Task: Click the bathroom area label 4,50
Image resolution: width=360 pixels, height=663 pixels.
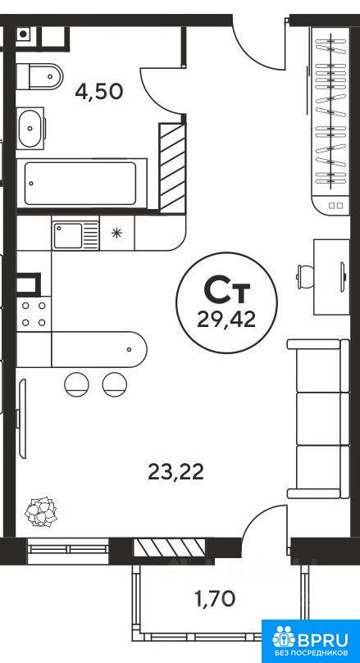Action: (98, 91)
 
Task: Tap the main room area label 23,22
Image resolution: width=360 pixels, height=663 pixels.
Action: (175, 471)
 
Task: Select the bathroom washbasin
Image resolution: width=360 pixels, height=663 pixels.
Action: (30, 128)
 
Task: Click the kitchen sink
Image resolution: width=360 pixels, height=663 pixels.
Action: (75, 235)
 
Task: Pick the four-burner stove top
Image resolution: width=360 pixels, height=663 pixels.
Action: (34, 313)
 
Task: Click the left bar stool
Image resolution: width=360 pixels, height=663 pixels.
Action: (76, 384)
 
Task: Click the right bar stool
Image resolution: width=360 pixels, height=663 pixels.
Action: (115, 384)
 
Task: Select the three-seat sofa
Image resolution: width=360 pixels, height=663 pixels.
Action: (318, 419)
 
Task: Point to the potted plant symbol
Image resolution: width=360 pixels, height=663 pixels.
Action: (42, 511)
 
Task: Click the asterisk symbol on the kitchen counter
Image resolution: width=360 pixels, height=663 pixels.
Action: (116, 233)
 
